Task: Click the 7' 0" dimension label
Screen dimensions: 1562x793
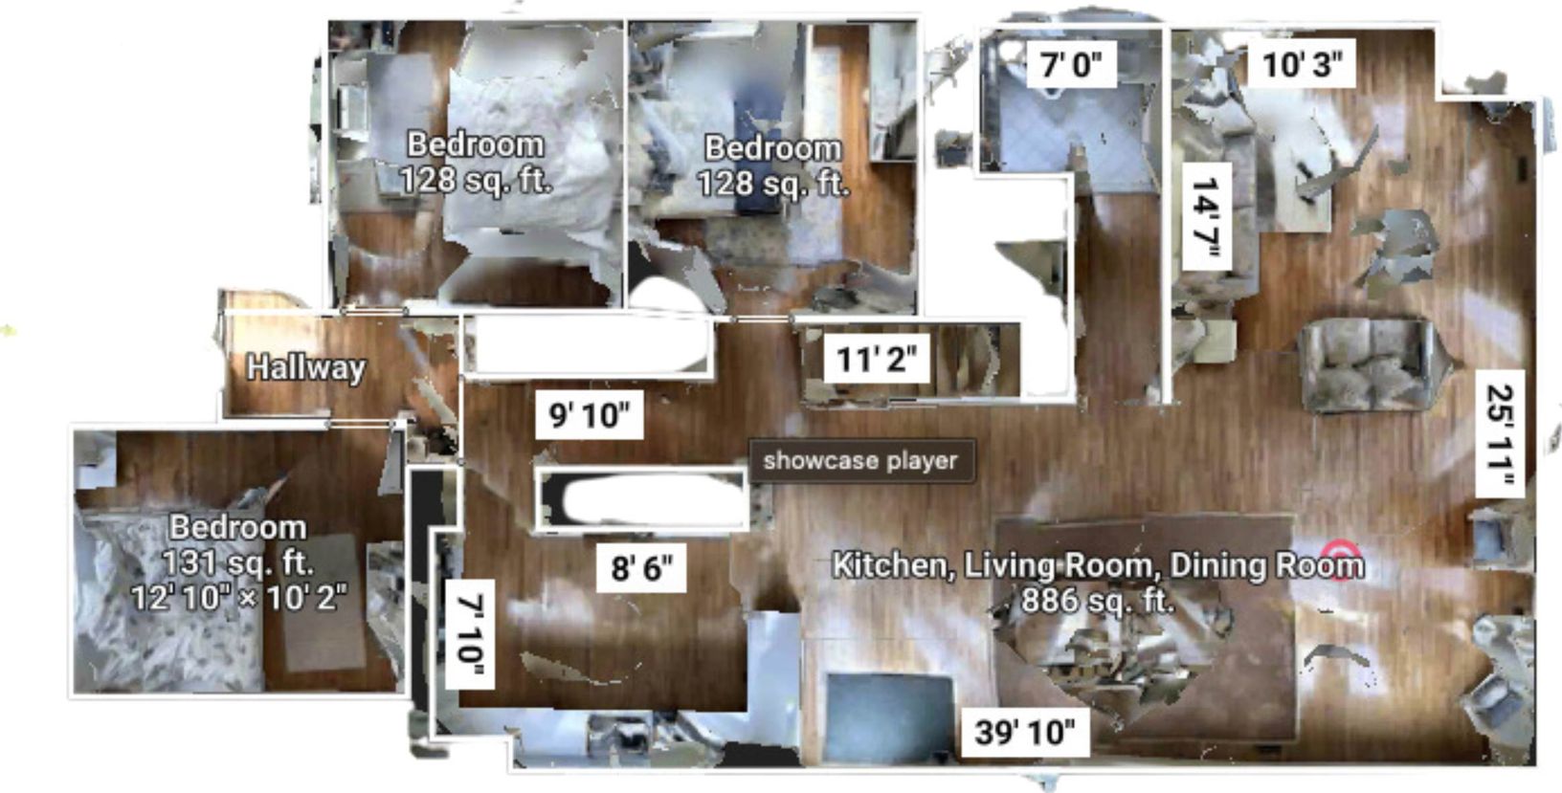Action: tap(1071, 65)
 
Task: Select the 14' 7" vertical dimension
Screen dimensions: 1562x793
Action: tap(1204, 218)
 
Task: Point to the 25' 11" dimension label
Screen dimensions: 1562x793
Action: tap(1500, 436)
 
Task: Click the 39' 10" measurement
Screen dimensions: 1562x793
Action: tap(1025, 733)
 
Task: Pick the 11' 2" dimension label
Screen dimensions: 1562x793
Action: tap(877, 360)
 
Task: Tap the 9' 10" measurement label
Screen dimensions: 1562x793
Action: tap(589, 415)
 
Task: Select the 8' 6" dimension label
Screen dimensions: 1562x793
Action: tap(641, 569)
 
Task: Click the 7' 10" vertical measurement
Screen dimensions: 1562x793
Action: tap(470, 633)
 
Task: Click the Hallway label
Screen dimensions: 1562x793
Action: tap(305, 367)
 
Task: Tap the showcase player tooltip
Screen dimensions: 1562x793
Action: tap(860, 461)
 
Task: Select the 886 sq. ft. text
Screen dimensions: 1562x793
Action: tap(1097, 600)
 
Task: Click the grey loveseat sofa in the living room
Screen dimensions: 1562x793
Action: tap(1370, 365)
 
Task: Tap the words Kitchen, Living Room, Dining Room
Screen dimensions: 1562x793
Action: tap(1097, 564)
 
